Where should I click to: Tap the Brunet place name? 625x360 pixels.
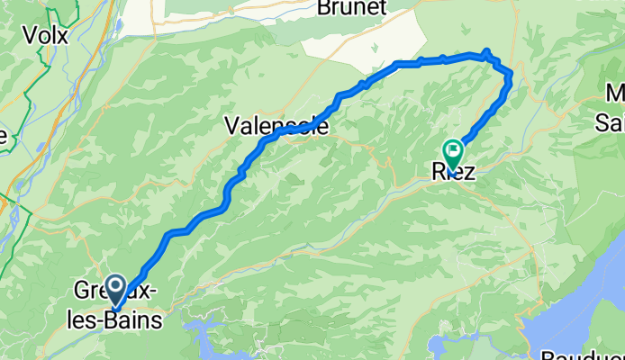coord(352,8)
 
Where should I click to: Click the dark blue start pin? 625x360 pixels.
coord(116,289)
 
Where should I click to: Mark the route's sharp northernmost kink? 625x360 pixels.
coord(487,52)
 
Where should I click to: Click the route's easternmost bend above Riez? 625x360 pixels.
coord(511,76)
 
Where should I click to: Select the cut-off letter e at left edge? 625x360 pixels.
coord(3,136)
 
